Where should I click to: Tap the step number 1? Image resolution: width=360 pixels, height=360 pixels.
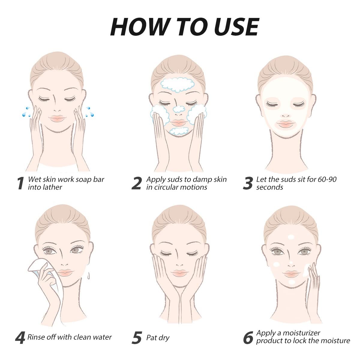tap(21, 183)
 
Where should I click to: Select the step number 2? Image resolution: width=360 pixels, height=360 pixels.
tap(136, 183)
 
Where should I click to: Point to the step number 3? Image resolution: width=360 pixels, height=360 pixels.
tap(248, 183)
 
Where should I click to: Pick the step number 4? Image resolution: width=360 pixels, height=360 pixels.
tap(20, 337)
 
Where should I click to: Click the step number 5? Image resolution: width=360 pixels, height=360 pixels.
tap(137, 337)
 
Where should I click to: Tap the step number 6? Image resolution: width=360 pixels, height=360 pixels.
tap(248, 337)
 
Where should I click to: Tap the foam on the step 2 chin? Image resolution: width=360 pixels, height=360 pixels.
tap(179, 131)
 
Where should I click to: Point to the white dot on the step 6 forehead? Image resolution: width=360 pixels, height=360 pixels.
tap(291, 237)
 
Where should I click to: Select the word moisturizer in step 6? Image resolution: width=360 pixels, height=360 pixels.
tap(301, 333)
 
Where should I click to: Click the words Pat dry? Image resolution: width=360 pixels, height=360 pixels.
tap(158, 338)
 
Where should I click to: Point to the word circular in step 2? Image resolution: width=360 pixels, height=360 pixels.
tap(169, 187)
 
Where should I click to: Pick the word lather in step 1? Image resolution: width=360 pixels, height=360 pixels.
tap(53, 187)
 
